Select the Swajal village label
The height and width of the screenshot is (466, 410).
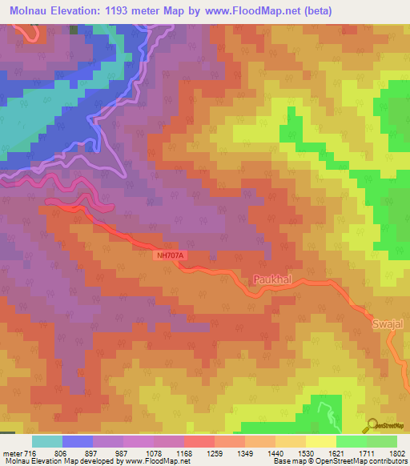click(x=388, y=325)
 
